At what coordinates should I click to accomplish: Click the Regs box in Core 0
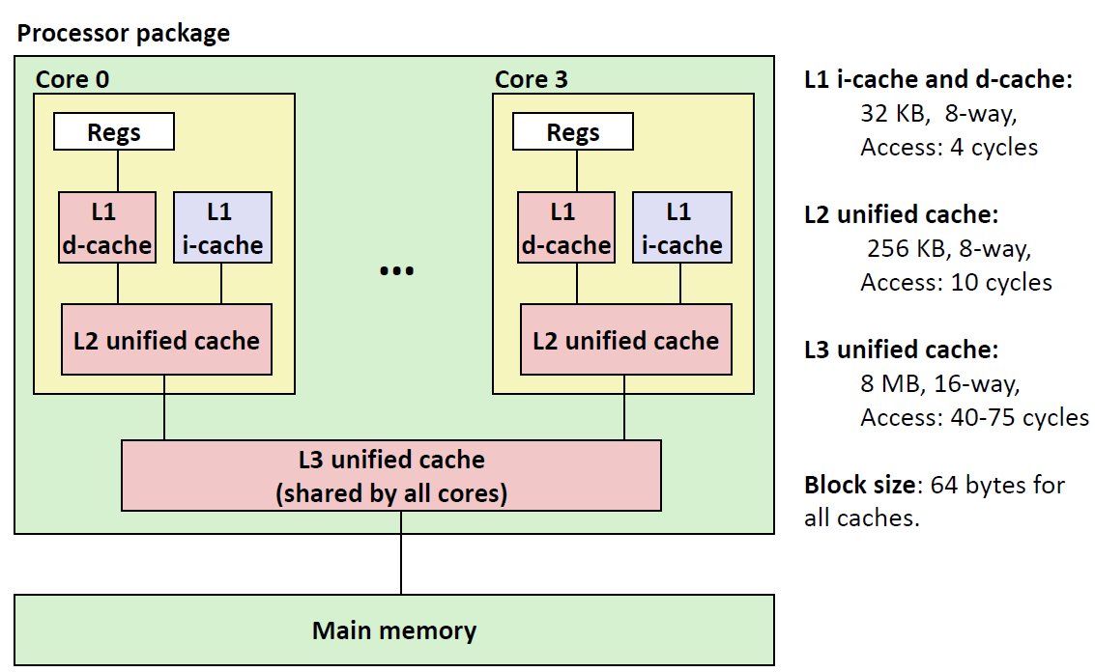tap(113, 132)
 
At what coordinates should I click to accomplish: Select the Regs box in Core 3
tap(573, 132)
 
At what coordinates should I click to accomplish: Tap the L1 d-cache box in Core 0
tap(106, 228)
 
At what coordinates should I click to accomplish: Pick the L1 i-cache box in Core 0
tap(222, 228)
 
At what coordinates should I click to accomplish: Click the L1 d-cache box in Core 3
tap(565, 228)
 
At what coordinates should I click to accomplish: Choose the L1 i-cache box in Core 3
tap(681, 228)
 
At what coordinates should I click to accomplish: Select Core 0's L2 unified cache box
tap(166, 340)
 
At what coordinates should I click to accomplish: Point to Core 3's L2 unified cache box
tap(625, 340)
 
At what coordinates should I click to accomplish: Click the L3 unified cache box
tap(390, 476)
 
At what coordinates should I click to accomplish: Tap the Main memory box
tap(393, 630)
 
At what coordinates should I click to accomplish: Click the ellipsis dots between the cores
tap(396, 271)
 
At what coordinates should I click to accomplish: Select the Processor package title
tap(124, 34)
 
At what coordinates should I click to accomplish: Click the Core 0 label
tap(72, 79)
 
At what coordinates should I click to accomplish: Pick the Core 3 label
tap(532, 79)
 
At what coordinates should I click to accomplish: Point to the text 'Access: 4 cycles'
tap(949, 148)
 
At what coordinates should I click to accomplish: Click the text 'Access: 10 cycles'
tap(956, 283)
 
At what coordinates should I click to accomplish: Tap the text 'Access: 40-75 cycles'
tap(974, 418)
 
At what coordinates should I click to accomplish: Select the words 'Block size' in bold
tap(859, 485)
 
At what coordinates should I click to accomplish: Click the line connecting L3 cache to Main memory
tap(401, 565)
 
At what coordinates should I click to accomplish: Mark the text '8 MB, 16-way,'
tap(939, 384)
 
